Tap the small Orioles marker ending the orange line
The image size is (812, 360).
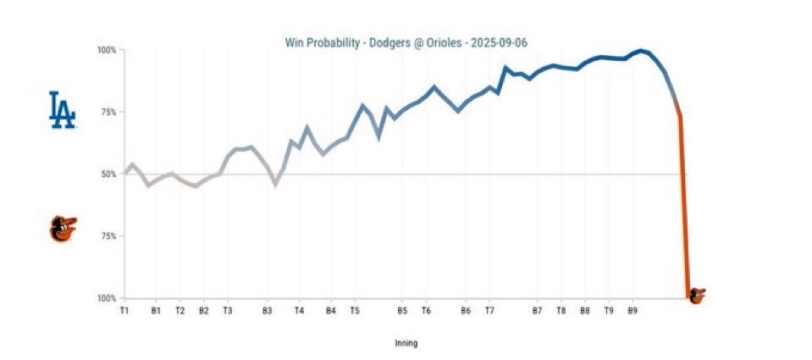tap(697, 296)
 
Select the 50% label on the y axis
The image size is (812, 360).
tap(108, 174)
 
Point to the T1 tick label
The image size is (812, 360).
tap(124, 311)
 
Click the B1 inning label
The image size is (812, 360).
tap(156, 311)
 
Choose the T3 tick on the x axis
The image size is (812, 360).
tap(228, 311)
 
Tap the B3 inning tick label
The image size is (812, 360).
tap(267, 311)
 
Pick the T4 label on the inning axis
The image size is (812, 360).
tap(299, 311)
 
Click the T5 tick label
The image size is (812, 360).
tap(355, 311)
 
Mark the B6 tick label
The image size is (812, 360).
tap(466, 311)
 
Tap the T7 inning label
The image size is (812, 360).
tap(489, 311)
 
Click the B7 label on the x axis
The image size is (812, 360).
tap(537, 311)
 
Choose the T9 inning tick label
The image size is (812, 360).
tap(609, 311)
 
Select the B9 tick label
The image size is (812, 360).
tap(632, 311)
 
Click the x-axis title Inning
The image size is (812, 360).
tap(406, 344)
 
